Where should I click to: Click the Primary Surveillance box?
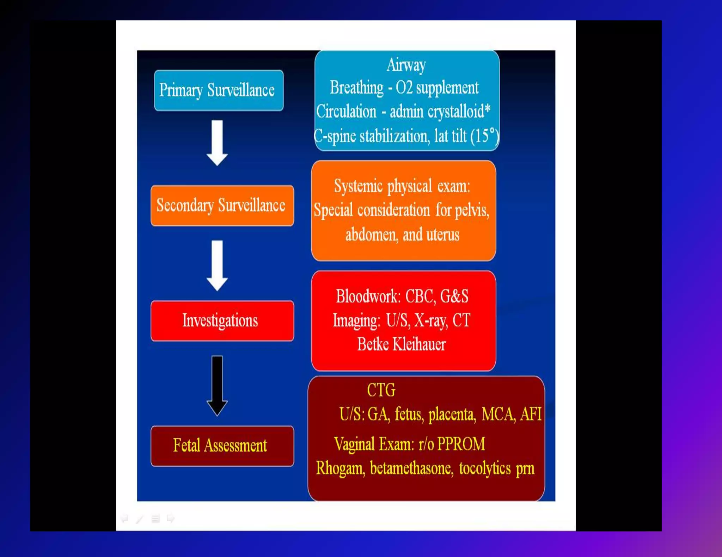click(x=219, y=90)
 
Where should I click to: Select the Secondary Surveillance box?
click(x=222, y=206)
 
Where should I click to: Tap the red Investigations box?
click(x=222, y=321)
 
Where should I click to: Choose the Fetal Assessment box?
click(x=222, y=446)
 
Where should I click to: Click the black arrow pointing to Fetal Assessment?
click(x=217, y=386)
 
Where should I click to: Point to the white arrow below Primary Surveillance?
click(x=217, y=143)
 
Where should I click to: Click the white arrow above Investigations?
click(x=217, y=265)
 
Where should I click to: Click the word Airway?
click(x=406, y=65)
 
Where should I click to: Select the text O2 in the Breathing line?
click(x=404, y=88)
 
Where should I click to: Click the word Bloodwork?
click(x=368, y=296)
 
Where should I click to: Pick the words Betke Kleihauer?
click(x=402, y=344)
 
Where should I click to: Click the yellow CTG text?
click(x=381, y=390)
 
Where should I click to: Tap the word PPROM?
click(x=461, y=444)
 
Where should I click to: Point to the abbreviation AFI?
click(x=531, y=414)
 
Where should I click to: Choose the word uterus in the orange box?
click(x=443, y=235)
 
